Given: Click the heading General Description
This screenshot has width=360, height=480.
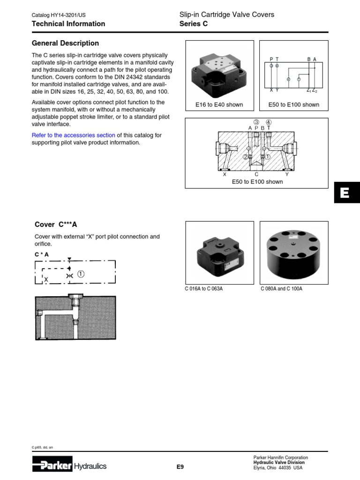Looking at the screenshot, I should pos(65,43).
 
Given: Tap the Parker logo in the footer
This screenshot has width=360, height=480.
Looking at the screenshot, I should pos(52,465).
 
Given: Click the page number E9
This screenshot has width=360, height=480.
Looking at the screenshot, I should pos(180,466).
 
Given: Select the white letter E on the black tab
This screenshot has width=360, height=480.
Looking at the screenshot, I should pos(345,193).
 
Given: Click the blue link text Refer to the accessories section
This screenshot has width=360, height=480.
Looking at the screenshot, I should pos(73,135).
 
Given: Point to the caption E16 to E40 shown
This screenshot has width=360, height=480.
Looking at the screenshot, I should pos(219,105).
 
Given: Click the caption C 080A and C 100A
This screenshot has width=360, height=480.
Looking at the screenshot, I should pos(281,289).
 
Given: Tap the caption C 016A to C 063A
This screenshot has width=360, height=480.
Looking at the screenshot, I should pos(204,289).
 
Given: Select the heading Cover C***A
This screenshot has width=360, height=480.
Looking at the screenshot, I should pos(56,225).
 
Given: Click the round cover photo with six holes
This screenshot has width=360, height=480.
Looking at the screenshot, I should pos(294,252).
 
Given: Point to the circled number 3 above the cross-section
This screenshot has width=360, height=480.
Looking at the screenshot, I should pos(256,122).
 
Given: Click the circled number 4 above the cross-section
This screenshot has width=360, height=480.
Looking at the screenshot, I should pos(269,122).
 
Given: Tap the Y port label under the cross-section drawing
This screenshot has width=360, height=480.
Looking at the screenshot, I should pos(287,174).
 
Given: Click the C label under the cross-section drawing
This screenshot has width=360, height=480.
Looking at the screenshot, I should pos(256,174).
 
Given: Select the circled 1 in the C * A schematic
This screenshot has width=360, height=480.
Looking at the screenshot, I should pos(81,275).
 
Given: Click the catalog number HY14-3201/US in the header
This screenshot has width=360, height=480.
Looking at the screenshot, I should pos(66,15).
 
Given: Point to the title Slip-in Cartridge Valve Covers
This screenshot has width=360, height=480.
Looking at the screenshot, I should pos(227,15).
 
